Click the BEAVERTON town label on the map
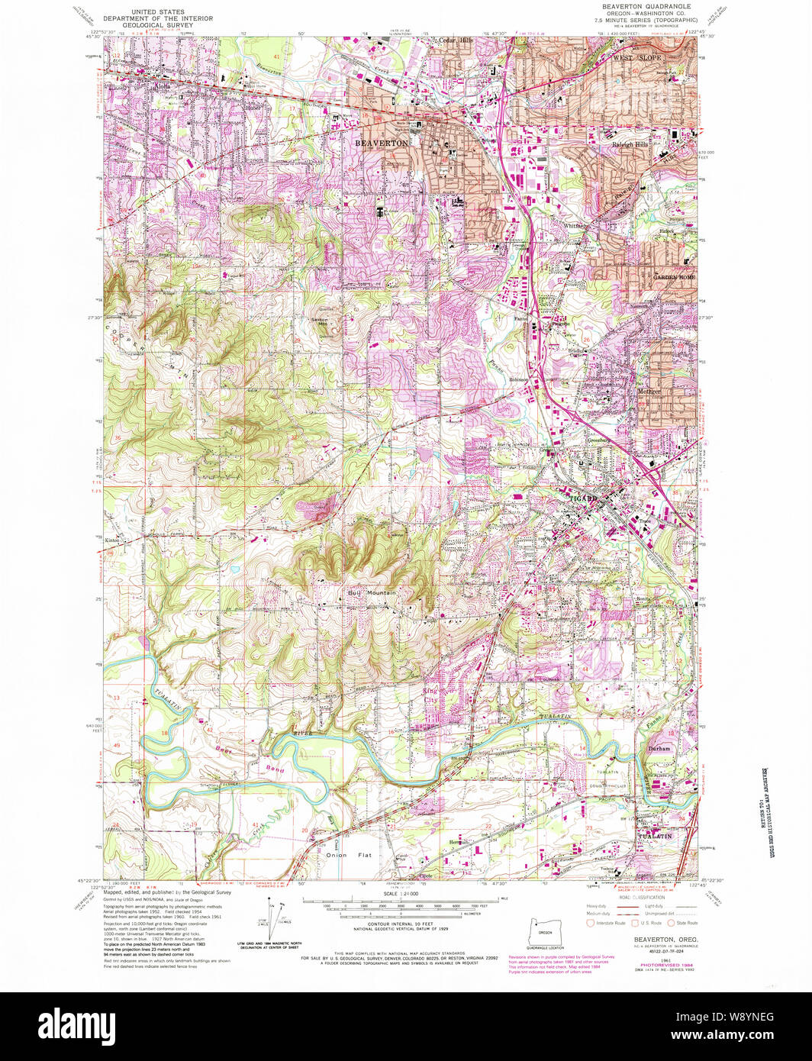(381, 142)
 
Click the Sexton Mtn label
(325, 321)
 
